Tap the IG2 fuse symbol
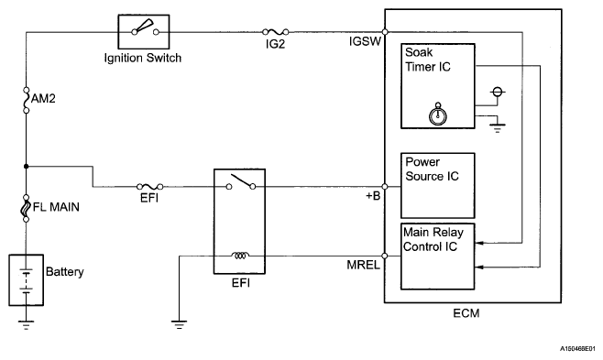coord(275,32)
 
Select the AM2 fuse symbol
coord(27,100)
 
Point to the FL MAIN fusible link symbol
coord(27,208)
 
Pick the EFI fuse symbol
coord(150,187)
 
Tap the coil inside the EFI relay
coord(240,255)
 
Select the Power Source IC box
coord(438,186)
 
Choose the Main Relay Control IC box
coord(438,256)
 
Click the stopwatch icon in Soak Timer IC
coord(438,115)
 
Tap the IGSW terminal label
coord(365,41)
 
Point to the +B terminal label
coord(373,196)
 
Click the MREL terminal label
coord(364,265)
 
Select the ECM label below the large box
coord(466,313)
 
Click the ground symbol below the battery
coord(26,325)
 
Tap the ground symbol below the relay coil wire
coord(180,324)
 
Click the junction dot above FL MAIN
coord(27,167)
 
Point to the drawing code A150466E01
coord(577,349)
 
